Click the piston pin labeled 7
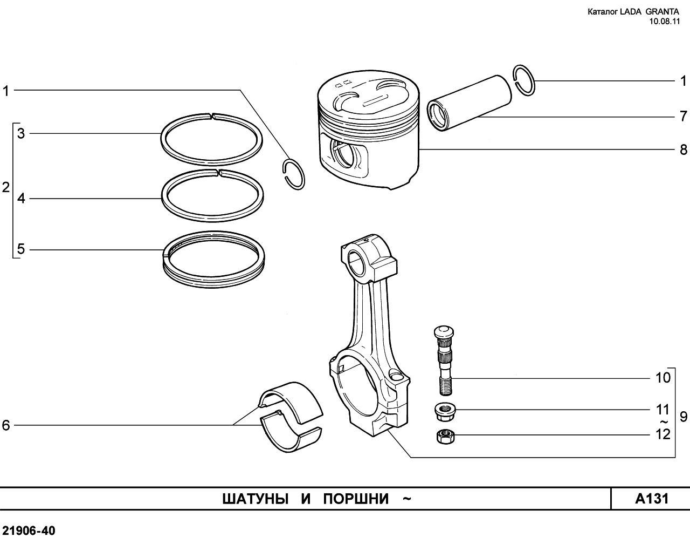470,103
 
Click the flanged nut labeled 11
445,413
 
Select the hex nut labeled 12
446,437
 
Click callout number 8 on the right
684,149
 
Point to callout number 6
6,425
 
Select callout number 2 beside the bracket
6,187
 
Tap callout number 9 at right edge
684,417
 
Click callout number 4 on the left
21,199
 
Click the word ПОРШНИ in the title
356,499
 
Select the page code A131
652,499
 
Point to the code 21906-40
29,531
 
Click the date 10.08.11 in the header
664,22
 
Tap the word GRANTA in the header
662,11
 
